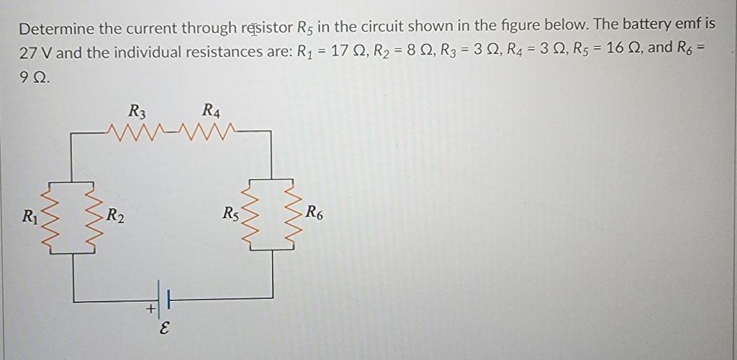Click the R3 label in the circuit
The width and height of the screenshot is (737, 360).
click(137, 112)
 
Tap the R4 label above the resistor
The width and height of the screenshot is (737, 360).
click(212, 112)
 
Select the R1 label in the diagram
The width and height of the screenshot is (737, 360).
click(29, 215)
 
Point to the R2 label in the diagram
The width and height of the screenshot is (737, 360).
click(115, 215)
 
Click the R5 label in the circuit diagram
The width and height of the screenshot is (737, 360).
click(231, 213)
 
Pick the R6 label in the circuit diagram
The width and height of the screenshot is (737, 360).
click(315, 212)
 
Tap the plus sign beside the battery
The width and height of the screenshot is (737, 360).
click(150, 310)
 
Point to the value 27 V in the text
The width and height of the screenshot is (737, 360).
click(36, 53)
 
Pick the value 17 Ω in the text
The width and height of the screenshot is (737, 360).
click(348, 52)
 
